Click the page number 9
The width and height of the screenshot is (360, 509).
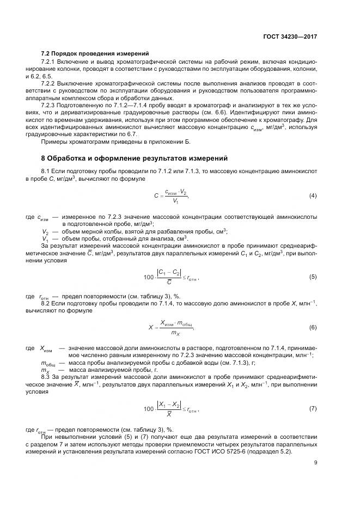316,463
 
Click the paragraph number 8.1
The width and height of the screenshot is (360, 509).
46,171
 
